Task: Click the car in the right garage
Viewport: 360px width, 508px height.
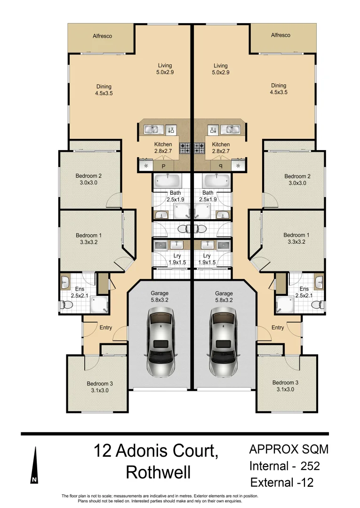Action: coord(224,341)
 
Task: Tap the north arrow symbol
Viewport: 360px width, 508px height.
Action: coord(34,466)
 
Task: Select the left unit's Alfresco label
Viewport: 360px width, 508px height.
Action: coord(102,36)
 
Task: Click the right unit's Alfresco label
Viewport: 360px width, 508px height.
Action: coord(280,35)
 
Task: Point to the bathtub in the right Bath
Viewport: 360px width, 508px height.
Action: coord(217,180)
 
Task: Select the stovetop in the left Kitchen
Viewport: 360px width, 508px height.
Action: coord(185,148)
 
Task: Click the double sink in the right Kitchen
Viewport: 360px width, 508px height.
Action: coord(231,129)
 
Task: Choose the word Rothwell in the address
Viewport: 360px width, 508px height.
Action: coord(158,472)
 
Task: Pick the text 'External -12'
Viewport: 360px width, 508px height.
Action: coord(282,483)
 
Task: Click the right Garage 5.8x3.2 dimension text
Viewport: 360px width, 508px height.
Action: coord(224,300)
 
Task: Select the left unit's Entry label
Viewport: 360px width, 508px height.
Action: coord(105,327)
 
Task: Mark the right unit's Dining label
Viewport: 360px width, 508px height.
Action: coord(279,86)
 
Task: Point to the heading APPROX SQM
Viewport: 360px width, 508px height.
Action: coord(288,449)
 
